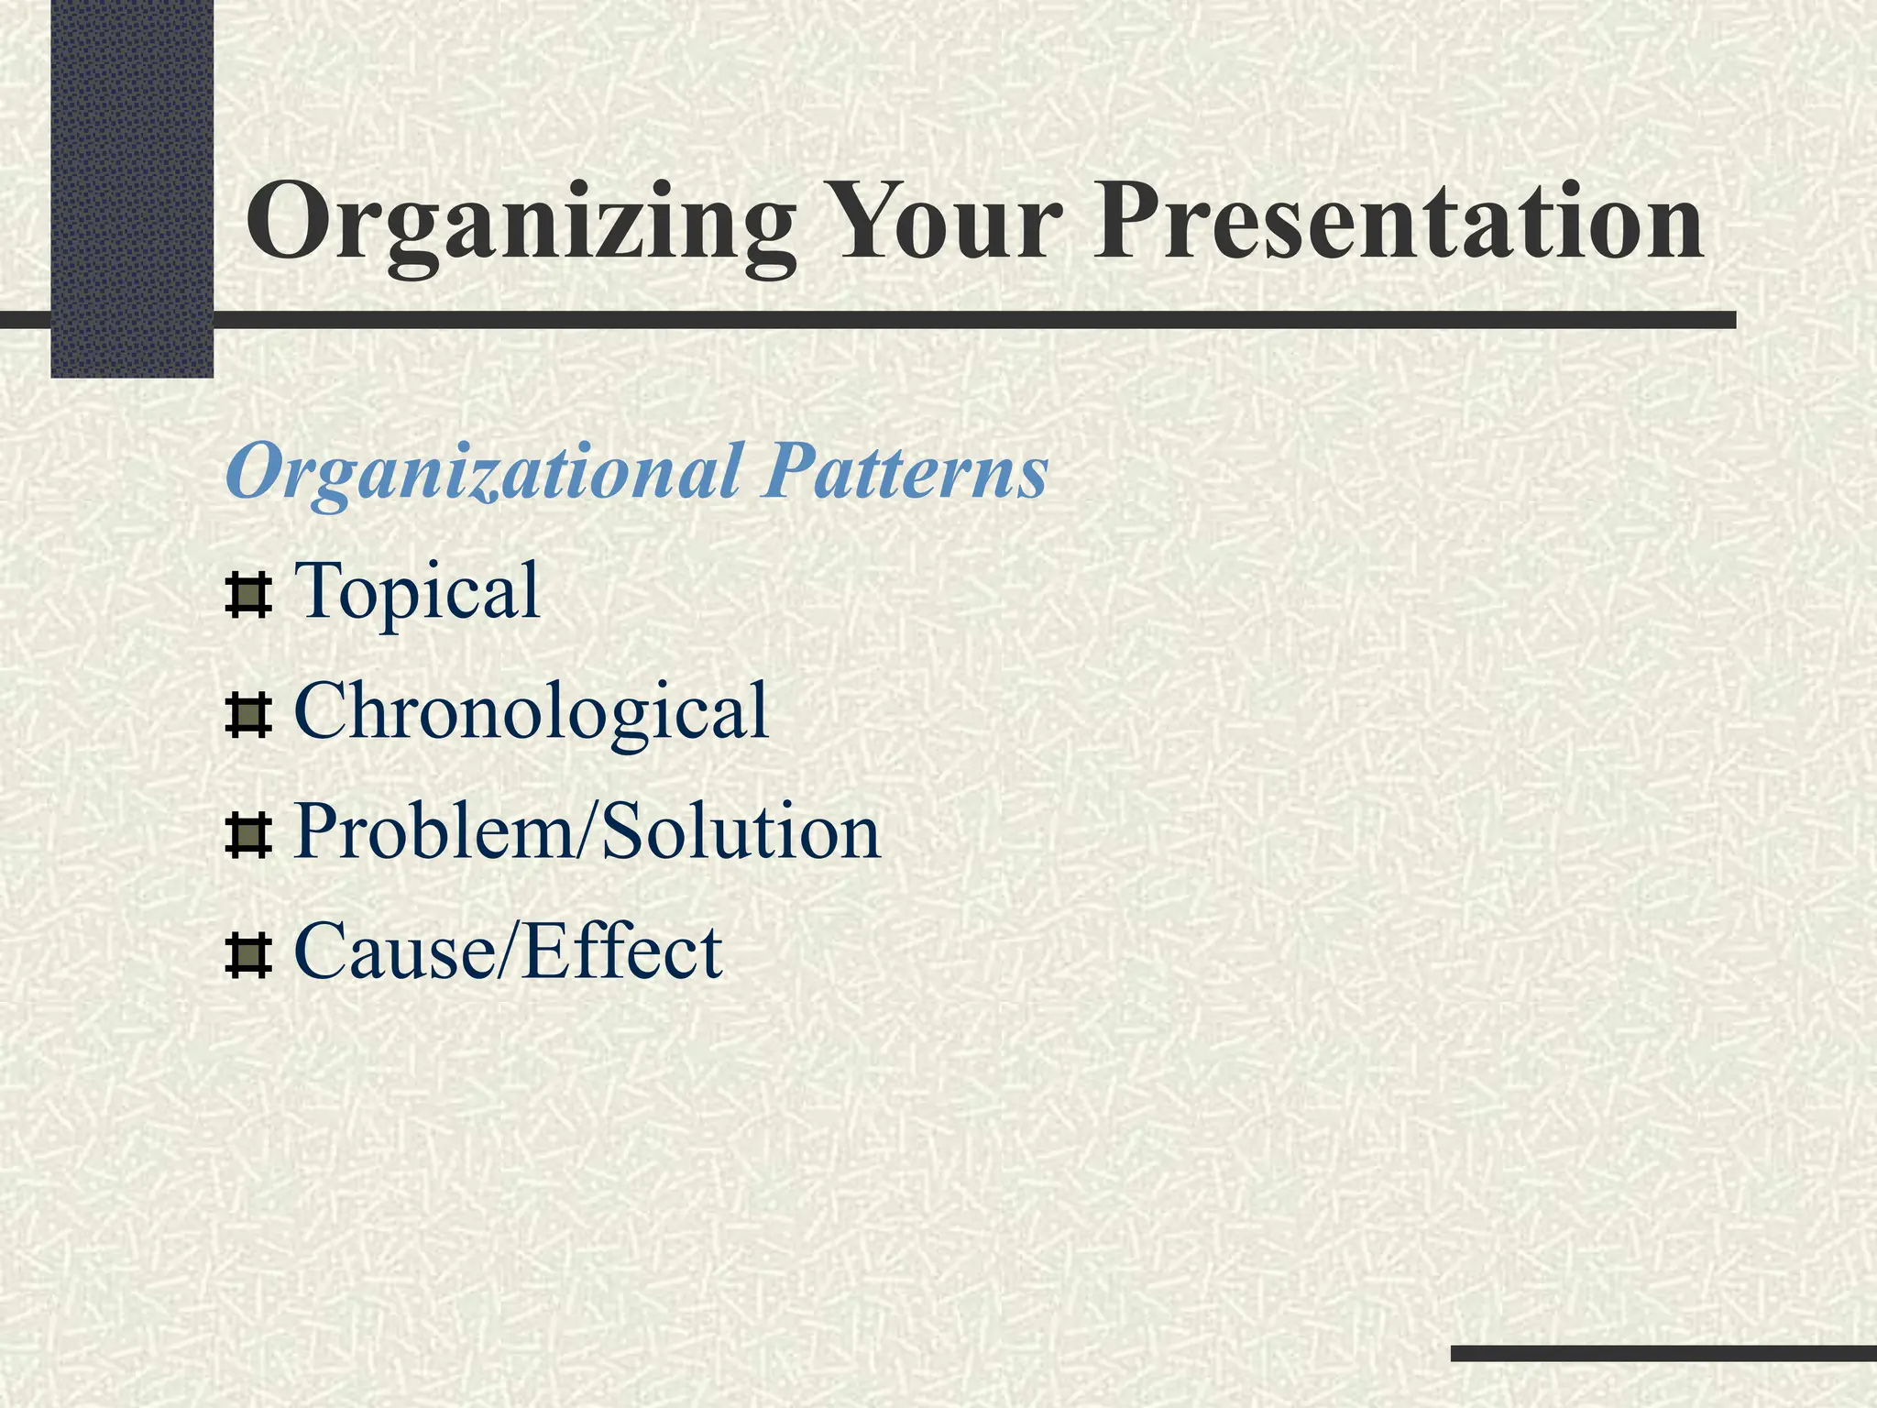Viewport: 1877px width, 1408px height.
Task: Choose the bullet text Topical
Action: click(x=417, y=592)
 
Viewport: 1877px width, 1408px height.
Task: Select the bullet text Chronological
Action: click(x=531, y=712)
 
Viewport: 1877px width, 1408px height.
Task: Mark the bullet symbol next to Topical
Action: click(x=247, y=597)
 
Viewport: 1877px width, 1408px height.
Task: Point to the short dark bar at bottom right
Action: click(x=1663, y=1353)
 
